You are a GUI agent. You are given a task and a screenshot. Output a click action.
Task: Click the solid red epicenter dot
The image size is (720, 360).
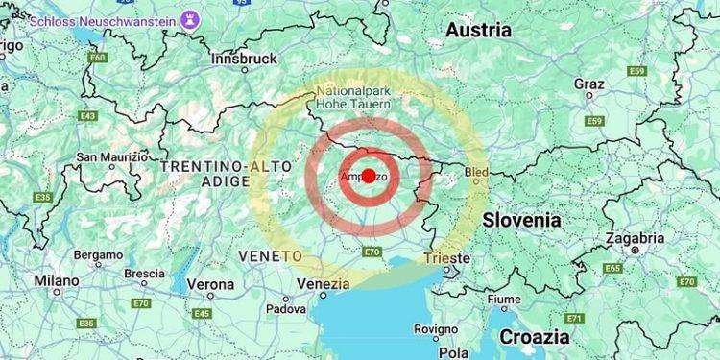coord(368,176)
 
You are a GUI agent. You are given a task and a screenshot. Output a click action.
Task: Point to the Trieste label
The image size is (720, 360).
coord(446,258)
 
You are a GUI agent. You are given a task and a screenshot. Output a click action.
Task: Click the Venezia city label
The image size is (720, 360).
coord(324,284)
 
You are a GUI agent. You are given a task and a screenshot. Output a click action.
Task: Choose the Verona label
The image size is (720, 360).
coord(209,284)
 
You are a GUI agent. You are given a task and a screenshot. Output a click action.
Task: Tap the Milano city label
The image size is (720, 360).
coord(57,280)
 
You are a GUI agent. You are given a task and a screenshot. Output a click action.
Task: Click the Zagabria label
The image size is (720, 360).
coord(635,238)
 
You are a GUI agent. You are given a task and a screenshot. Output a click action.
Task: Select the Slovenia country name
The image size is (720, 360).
coord(521,220)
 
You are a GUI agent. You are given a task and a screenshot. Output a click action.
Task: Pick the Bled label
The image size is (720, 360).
coord(476,172)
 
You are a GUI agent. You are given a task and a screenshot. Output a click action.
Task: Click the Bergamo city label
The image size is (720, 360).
coord(99,256)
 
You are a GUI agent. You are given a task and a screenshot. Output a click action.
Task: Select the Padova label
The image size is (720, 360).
coord(286,308)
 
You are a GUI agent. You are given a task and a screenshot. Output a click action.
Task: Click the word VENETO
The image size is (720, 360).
coord(270,256)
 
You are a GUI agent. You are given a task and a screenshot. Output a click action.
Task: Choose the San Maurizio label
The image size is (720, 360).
coord(112,156)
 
